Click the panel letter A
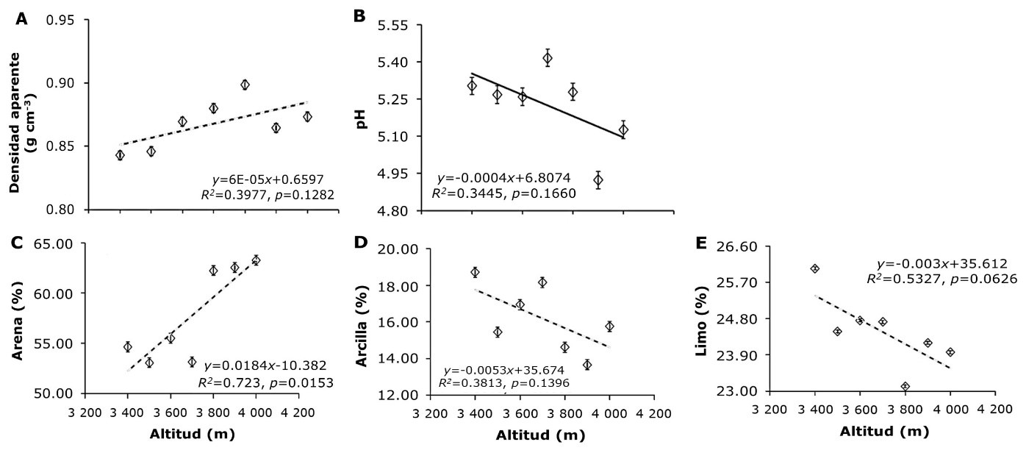[22, 19]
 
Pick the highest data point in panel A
[245, 85]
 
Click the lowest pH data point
[598, 179]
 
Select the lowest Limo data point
[905, 386]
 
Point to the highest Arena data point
[256, 260]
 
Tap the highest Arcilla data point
[475, 272]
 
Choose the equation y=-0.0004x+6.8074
[504, 179]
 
